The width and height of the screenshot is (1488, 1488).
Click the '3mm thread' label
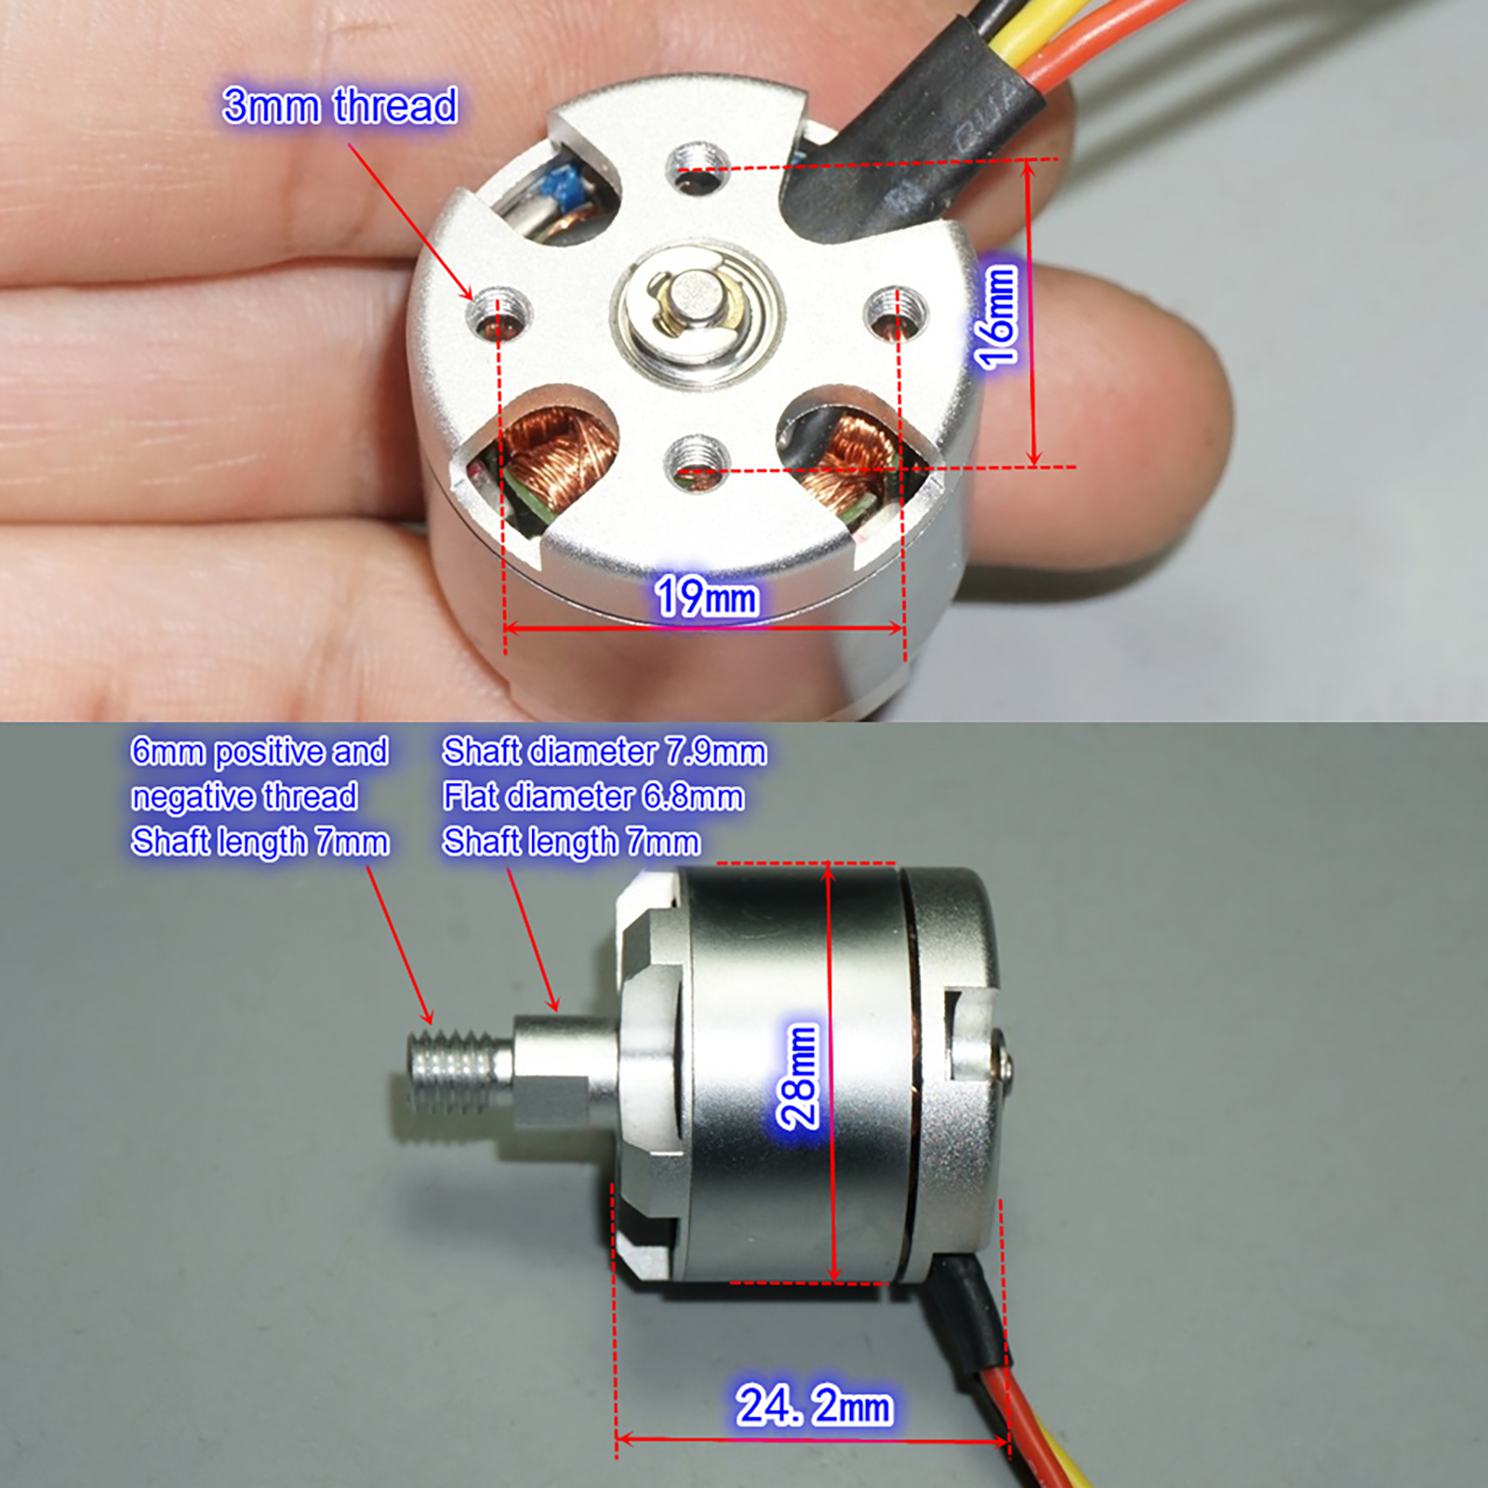[x=339, y=105]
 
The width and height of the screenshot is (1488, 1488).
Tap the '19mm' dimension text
[x=706, y=595]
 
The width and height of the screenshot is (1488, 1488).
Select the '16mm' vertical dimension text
[x=995, y=315]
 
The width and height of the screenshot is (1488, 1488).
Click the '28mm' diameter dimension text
[x=797, y=1076]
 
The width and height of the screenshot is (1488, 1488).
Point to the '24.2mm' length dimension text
[x=815, y=1404]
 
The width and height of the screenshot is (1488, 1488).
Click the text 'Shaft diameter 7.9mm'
[x=604, y=751]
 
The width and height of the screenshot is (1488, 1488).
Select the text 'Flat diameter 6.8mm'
[x=593, y=796]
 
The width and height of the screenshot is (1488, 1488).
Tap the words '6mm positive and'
[x=259, y=751]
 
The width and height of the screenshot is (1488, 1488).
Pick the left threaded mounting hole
[x=498, y=312]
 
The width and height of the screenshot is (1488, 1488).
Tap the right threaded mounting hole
[x=896, y=312]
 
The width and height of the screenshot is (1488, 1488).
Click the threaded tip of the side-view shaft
[x=460, y=1071]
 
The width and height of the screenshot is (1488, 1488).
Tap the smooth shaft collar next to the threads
[x=564, y=1070]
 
